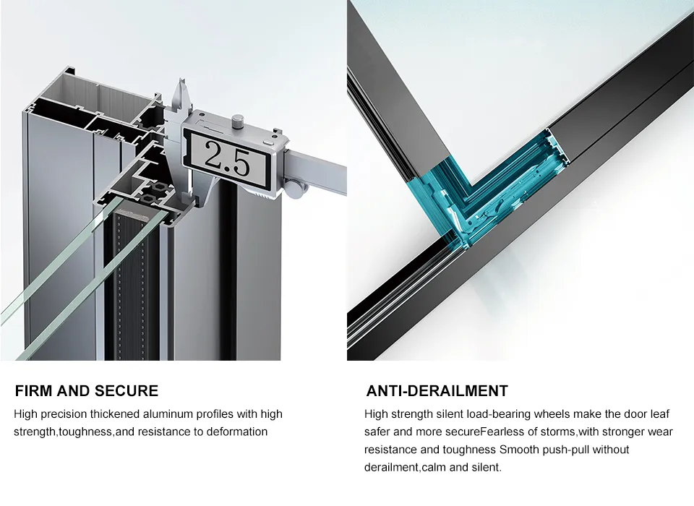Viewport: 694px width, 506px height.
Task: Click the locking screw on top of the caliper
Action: coord(239,121)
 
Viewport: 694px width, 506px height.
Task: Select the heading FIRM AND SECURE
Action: coord(87,391)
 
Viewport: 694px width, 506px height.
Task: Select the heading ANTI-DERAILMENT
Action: coord(437,391)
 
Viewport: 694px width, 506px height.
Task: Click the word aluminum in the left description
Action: coord(168,414)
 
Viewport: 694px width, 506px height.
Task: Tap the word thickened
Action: coord(115,414)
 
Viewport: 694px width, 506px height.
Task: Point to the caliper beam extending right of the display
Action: coord(318,166)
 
